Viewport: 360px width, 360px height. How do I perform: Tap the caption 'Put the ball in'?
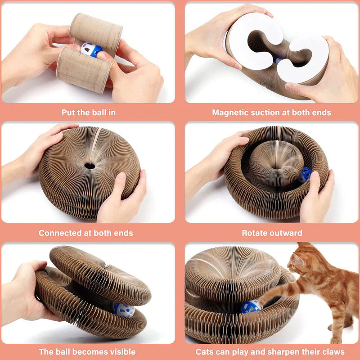click(88, 112)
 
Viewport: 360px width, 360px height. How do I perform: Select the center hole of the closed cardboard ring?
click(90, 166)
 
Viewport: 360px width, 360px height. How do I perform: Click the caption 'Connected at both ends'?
click(85, 233)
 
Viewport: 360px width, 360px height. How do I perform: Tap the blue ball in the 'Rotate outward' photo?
click(305, 175)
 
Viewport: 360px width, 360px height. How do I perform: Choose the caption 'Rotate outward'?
click(272, 233)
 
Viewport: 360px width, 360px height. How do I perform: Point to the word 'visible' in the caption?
click(121, 351)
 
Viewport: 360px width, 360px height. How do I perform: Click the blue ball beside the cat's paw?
click(250, 306)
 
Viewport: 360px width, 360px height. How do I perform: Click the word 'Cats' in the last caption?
click(206, 351)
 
